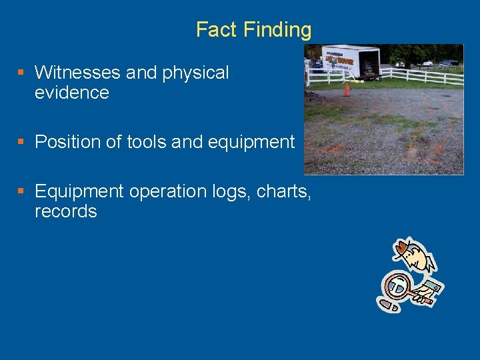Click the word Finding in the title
277,30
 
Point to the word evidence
71,93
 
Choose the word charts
285,192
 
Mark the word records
65,212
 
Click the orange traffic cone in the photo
347,89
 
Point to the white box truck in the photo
350,61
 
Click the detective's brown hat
404,249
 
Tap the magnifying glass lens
398,286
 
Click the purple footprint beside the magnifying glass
388,305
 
